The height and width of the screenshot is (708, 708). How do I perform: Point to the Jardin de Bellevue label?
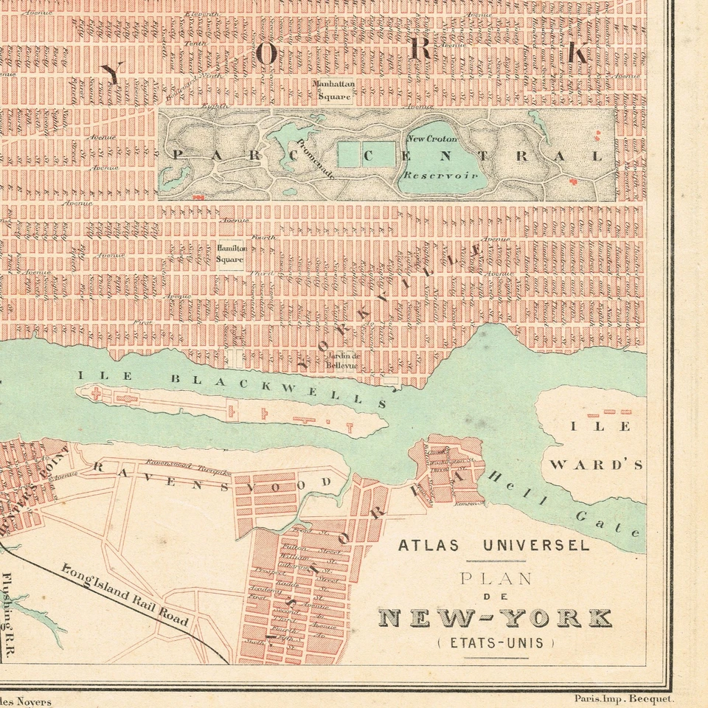[x=341, y=359]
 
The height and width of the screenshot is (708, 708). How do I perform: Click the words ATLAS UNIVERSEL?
[x=493, y=546]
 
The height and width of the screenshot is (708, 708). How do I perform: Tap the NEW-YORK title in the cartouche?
[x=495, y=618]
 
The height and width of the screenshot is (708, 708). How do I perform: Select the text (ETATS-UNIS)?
[x=495, y=642]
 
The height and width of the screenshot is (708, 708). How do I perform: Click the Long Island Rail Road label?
[x=125, y=595]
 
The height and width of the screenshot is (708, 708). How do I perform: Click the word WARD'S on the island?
[x=597, y=465]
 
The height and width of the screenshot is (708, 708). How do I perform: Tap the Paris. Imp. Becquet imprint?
[x=622, y=698]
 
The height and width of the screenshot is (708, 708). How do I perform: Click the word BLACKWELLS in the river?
[x=280, y=389]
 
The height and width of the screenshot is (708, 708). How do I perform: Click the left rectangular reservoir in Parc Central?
[x=348, y=153]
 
